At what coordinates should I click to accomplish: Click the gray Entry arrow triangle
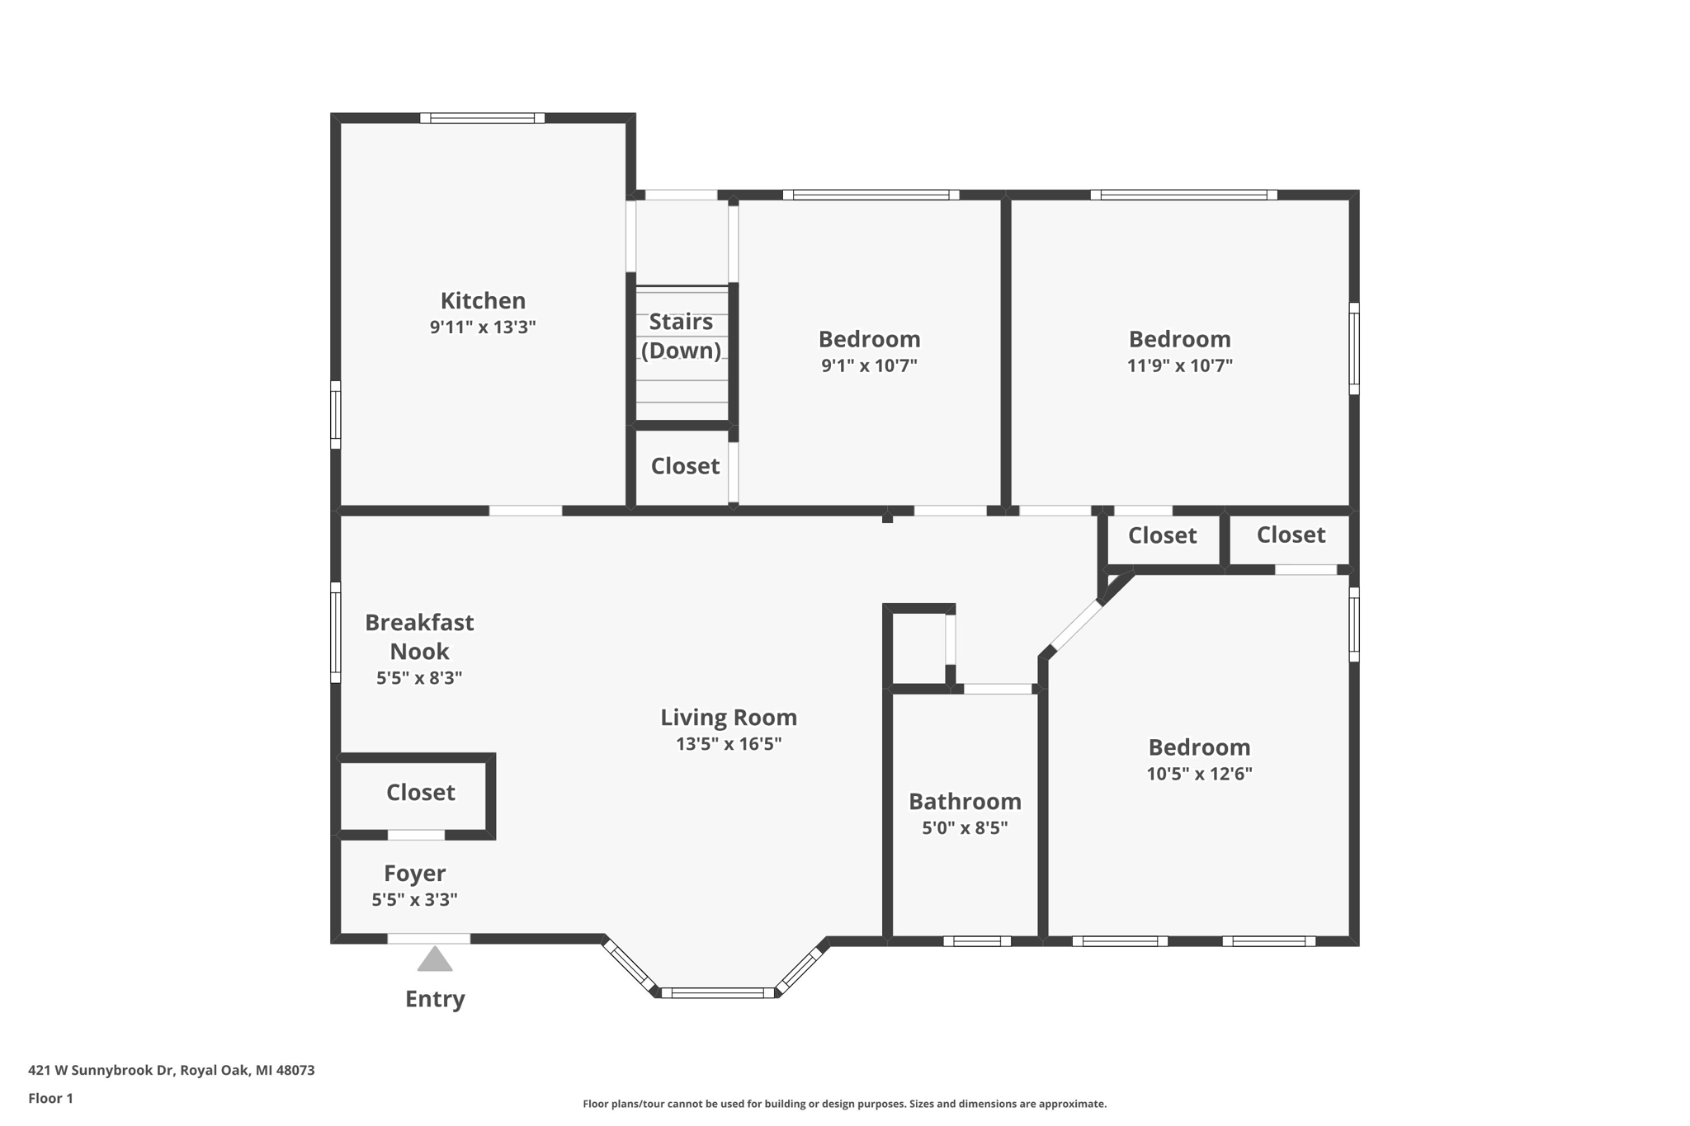tap(435, 960)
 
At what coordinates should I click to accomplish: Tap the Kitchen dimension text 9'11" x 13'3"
tap(483, 327)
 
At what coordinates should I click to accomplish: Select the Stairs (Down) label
tap(681, 336)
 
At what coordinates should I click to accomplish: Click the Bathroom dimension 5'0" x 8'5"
tap(965, 828)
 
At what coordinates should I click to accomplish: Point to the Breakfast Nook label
tap(419, 637)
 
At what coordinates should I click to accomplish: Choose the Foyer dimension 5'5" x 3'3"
tap(414, 900)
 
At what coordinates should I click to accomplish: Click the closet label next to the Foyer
tap(420, 793)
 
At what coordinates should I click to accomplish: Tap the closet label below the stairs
tap(685, 467)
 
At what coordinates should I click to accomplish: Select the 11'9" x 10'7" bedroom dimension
tap(1179, 365)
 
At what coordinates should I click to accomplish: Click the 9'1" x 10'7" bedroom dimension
tap(869, 365)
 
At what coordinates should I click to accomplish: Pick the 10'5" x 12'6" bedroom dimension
tap(1199, 774)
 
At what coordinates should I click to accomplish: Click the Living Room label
tap(728, 718)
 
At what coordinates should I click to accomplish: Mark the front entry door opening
tap(429, 939)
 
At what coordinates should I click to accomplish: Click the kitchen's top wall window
tap(482, 118)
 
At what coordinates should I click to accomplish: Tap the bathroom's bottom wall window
tap(977, 941)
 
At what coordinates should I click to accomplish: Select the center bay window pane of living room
tap(718, 993)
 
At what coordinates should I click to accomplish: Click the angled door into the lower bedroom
tap(1075, 626)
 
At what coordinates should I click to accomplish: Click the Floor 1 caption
tap(50, 1099)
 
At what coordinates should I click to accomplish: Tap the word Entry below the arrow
tap(435, 1000)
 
